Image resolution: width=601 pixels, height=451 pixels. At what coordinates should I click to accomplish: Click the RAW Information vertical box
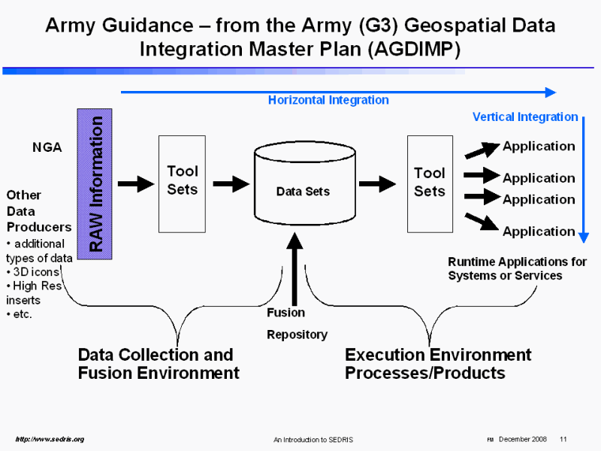94,184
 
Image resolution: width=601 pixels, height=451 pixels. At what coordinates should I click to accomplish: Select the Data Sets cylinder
303,191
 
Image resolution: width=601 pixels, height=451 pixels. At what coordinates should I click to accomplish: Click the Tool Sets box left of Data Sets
182,183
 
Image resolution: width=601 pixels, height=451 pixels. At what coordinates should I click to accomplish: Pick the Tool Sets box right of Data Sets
430,183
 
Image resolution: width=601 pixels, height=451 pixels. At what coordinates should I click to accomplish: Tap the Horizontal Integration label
328,100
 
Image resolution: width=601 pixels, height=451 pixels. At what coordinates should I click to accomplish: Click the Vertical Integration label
524,117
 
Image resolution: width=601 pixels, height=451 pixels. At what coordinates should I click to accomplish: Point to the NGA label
47,148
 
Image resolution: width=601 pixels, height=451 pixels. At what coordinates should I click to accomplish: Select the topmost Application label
539,146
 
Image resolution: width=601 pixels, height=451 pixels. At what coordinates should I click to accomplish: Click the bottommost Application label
539,232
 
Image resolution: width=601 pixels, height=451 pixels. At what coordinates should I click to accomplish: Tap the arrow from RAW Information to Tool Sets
136,183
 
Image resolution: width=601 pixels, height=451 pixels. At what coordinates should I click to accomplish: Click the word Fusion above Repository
286,313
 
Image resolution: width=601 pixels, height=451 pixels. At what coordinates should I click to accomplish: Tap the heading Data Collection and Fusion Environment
158,364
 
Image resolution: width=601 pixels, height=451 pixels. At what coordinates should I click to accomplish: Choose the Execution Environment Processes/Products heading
438,364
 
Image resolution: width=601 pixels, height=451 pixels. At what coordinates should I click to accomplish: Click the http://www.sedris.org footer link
50,439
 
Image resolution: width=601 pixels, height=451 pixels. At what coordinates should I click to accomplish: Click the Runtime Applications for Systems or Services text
517,268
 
